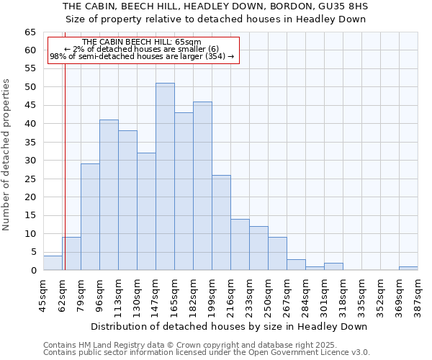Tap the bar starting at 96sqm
pyautogui.click(x=109, y=194)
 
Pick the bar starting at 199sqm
pyautogui.click(x=221, y=222)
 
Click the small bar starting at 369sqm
pyautogui.click(x=408, y=268)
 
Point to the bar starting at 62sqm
pyautogui.click(x=71, y=253)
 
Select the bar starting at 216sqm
pyautogui.click(x=240, y=245)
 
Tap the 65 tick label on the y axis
pyautogui.click(x=30, y=32)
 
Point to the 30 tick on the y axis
pyautogui.click(x=30, y=161)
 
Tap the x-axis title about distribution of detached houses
pyautogui.click(x=229, y=326)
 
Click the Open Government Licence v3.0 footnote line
pyautogui.click(x=207, y=353)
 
